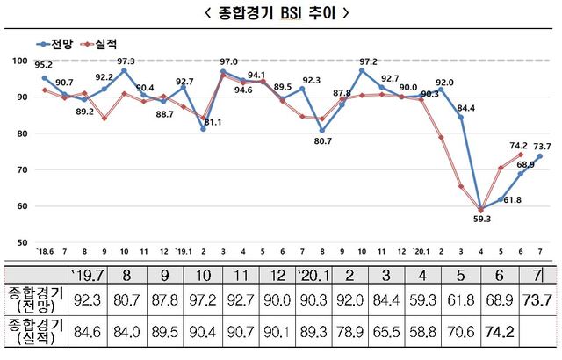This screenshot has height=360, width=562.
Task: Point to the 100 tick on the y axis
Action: tap(21, 60)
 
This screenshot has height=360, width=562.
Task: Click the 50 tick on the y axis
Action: tap(22, 241)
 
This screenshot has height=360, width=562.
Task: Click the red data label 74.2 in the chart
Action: tap(519, 146)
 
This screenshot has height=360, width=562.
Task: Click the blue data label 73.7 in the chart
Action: tap(543, 147)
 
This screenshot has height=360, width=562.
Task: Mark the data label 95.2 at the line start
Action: tap(42, 65)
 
